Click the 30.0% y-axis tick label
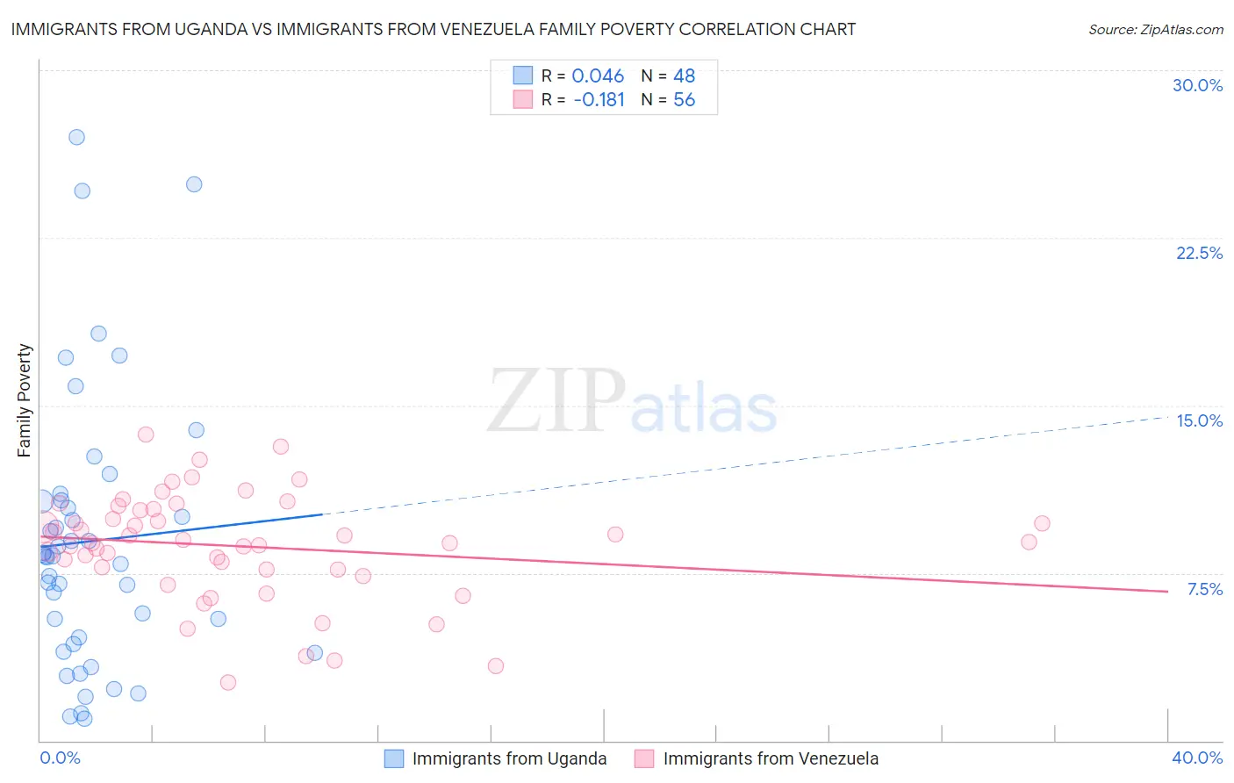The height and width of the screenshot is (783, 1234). pos(1197,85)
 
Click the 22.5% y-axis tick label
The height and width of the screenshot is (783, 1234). pos(1199,253)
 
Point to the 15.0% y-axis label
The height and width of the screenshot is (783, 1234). pos(1199,420)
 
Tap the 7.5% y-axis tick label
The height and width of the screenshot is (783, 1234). pos(1204,589)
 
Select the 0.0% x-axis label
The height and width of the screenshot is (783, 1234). pos(60,758)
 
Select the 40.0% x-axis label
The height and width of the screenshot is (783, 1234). pos(1197,758)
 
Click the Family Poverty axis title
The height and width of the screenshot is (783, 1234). pos(25,400)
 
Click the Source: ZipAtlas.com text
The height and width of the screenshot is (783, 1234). pos(1155,29)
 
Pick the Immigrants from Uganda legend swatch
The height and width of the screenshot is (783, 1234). pos(394,758)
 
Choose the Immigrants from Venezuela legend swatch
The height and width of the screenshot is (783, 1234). pos(645,758)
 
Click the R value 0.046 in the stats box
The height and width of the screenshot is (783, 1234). pos(598,76)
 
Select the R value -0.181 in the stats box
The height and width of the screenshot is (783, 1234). pos(599,100)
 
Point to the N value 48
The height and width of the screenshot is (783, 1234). pos(684,76)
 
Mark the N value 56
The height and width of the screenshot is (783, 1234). pos(684,100)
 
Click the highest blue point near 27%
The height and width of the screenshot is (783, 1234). pos(76,137)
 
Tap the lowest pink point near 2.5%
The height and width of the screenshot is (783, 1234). pos(228,682)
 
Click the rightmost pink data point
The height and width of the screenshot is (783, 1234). pos(1042,523)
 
